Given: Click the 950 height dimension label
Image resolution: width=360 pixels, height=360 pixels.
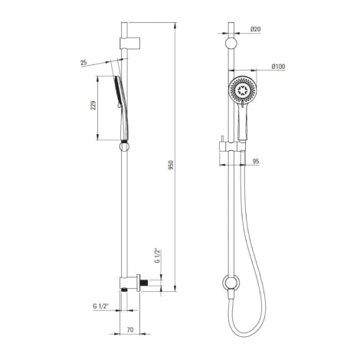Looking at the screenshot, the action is [172, 165].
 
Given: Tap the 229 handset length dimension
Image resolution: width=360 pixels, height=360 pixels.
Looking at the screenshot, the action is [93, 106].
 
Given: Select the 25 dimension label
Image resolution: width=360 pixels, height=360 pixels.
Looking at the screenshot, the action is [83, 62].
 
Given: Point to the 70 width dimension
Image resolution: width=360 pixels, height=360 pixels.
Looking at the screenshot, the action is [130, 329].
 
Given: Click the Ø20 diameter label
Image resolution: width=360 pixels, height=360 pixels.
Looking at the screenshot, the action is [256, 29].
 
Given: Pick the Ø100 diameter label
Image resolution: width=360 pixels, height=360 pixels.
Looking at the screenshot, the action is [278, 67].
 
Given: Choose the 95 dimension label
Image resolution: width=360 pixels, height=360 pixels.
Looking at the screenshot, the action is [256, 161].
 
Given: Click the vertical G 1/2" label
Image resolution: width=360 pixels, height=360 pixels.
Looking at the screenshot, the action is [158, 256].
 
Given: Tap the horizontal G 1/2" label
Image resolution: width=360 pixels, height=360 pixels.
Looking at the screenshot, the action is [100, 306].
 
